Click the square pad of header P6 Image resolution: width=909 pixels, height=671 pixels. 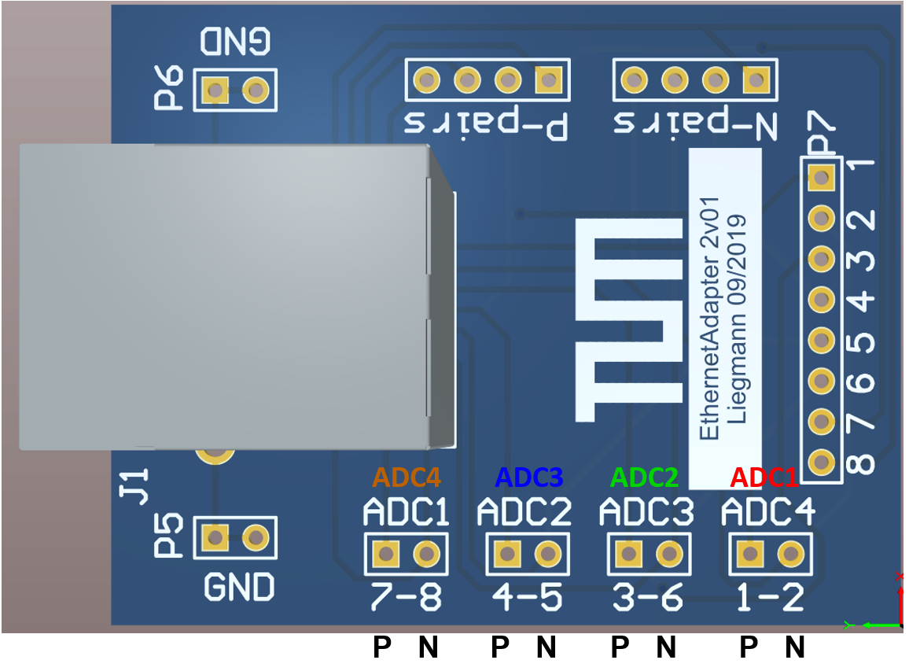[214, 90]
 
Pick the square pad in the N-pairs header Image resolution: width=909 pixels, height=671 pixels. [756, 79]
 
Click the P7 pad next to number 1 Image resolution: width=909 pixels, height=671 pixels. [821, 178]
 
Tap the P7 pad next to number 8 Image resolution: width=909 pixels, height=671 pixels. [821, 461]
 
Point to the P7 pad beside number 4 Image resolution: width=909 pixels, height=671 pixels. [821, 299]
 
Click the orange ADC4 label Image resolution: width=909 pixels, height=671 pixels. [407, 477]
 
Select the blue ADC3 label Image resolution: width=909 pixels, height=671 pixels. [529, 477]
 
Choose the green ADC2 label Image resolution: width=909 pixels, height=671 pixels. [645, 477]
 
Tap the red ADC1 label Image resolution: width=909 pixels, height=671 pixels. [764, 477]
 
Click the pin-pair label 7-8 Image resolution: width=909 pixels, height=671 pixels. [407, 599]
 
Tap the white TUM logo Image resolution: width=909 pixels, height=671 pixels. [628, 320]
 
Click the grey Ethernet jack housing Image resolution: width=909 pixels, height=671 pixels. [228, 297]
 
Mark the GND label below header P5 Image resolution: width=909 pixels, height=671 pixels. [239, 587]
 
